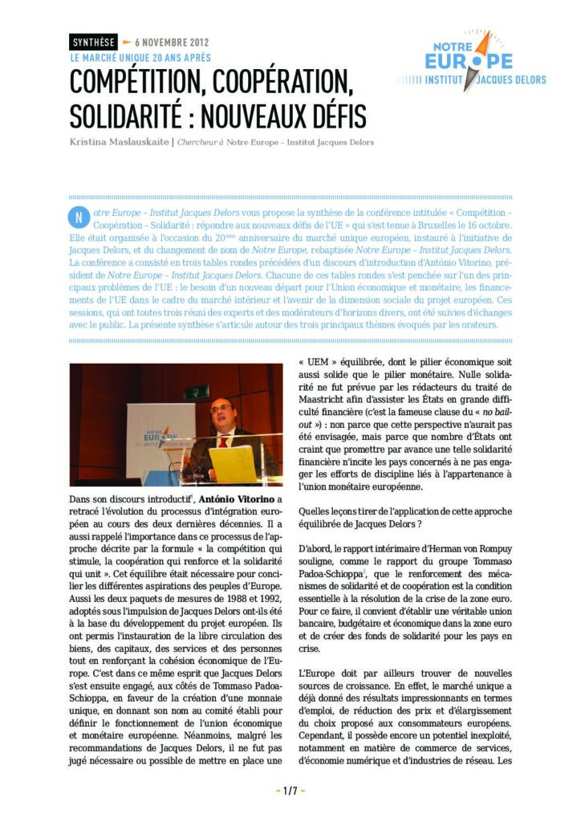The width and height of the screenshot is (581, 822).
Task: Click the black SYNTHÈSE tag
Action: (92, 42)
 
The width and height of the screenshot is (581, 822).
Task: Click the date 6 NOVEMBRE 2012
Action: (172, 42)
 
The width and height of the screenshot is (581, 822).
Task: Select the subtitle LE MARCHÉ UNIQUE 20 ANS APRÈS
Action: (140, 58)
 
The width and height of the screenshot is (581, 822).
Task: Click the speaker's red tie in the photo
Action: (222, 441)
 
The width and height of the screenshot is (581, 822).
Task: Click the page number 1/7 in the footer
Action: (290, 791)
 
